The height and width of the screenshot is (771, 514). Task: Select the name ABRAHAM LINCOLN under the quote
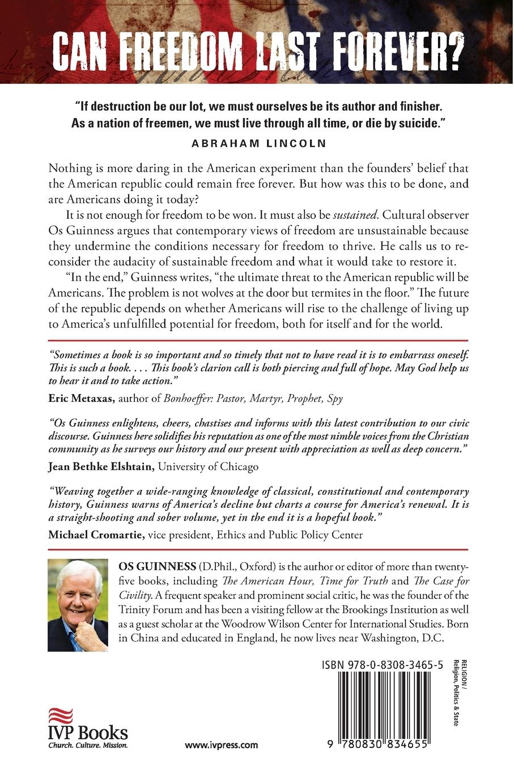pyautogui.click(x=259, y=143)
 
